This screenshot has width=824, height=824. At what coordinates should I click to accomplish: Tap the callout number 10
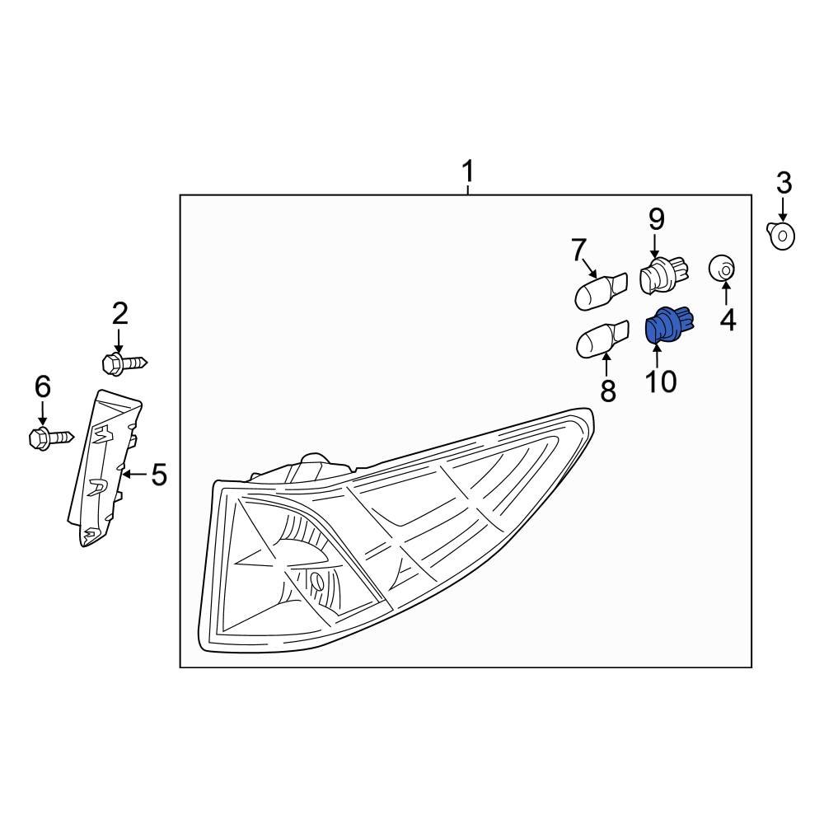pyautogui.click(x=661, y=381)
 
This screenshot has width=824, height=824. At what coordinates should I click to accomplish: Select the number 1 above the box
pyautogui.click(x=467, y=173)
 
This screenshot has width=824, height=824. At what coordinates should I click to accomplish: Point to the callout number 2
pyautogui.click(x=120, y=313)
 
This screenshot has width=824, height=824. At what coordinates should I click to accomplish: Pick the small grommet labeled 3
pyautogui.click(x=782, y=236)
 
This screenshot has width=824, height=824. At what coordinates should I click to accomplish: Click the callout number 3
pyautogui.click(x=783, y=182)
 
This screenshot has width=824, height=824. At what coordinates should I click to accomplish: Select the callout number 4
pyautogui.click(x=728, y=319)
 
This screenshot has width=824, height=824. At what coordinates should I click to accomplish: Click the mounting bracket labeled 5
pyautogui.click(x=105, y=468)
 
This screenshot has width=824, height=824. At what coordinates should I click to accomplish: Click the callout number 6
pyautogui.click(x=42, y=386)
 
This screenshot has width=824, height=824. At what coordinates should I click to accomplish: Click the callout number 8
pyautogui.click(x=608, y=391)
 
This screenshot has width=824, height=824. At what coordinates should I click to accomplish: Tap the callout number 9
pyautogui.click(x=656, y=218)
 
